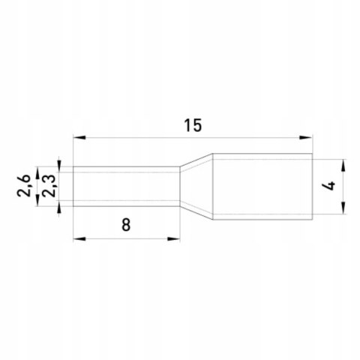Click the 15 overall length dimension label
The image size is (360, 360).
(193, 125)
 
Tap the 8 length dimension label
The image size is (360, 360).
(126, 224)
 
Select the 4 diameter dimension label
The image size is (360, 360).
(331, 186)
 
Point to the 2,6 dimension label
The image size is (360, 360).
(23, 186)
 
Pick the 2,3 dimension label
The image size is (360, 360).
(48, 186)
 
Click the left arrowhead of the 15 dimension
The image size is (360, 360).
(79, 137)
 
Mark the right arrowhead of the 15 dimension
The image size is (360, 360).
(306, 137)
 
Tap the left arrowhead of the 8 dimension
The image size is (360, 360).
(79, 239)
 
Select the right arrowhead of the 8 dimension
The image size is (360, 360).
(174, 239)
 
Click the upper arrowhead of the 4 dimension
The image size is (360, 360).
(344, 166)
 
